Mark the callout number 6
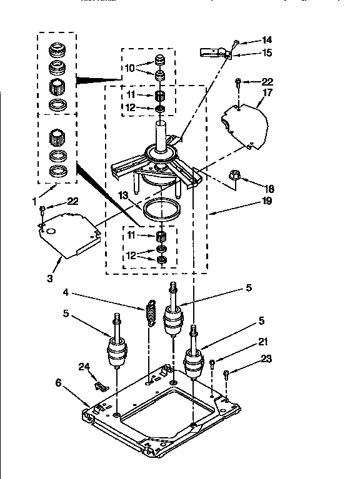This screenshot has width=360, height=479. (x=59, y=383)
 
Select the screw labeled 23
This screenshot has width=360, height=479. (x=226, y=373)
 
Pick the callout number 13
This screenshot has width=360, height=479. (x=123, y=195)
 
